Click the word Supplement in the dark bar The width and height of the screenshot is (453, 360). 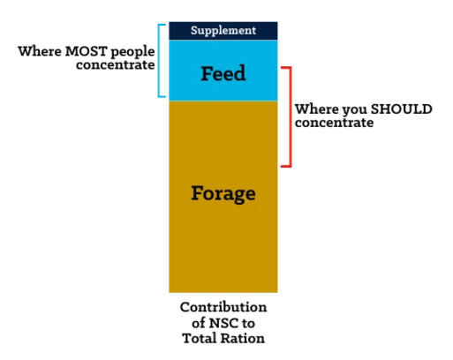(x=223, y=31)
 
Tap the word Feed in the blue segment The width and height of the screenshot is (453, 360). (x=223, y=73)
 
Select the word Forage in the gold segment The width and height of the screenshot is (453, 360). (x=223, y=194)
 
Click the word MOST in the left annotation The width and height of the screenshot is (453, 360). (x=86, y=51)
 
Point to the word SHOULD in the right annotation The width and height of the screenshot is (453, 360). (x=401, y=109)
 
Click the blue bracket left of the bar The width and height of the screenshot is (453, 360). (x=159, y=61)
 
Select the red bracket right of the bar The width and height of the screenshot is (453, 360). (x=291, y=117)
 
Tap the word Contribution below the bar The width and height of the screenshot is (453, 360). (x=223, y=307)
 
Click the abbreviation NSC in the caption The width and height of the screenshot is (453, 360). (x=223, y=323)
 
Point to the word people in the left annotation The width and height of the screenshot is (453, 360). (x=132, y=52)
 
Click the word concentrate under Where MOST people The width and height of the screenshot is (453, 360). (x=116, y=65)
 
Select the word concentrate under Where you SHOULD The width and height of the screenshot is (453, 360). (x=334, y=123)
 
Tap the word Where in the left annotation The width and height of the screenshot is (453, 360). (x=40, y=51)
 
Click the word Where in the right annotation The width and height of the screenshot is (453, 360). (x=317, y=109)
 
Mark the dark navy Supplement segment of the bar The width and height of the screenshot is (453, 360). (x=223, y=31)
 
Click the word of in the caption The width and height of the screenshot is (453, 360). (x=199, y=323)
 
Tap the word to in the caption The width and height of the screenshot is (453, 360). (x=249, y=323)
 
